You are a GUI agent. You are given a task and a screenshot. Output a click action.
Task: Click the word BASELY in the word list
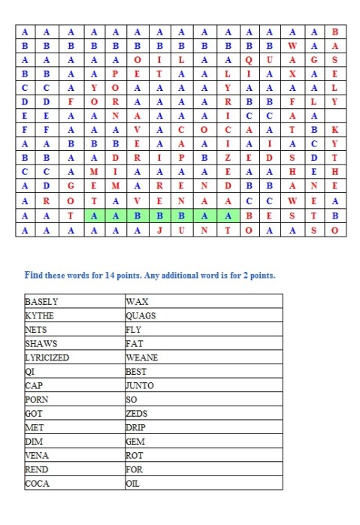pyautogui.click(x=42, y=301)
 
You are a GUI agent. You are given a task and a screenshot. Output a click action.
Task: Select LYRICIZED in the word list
pyautogui.click(x=47, y=358)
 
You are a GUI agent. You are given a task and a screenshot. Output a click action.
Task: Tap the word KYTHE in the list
pyautogui.click(x=40, y=315)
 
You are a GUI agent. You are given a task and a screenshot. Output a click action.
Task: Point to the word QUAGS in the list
pyautogui.click(x=141, y=315)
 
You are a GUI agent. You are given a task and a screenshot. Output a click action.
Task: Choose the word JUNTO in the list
pyautogui.click(x=141, y=385)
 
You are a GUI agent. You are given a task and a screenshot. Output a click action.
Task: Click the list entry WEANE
pyautogui.click(x=142, y=358)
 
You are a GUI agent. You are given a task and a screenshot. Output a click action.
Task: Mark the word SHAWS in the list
pyautogui.click(x=41, y=343)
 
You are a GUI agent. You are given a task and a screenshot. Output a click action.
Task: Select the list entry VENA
pyautogui.click(x=38, y=455)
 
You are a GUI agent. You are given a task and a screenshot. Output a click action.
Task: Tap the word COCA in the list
pyautogui.click(x=38, y=483)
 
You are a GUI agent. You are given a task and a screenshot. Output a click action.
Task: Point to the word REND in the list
pyautogui.click(x=38, y=469)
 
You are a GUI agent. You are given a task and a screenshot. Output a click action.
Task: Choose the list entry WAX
pyautogui.click(x=136, y=301)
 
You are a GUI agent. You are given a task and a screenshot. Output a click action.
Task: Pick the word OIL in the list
pyautogui.click(x=134, y=483)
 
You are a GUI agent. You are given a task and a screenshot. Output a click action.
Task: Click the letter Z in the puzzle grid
pyautogui.click(x=227, y=157)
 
